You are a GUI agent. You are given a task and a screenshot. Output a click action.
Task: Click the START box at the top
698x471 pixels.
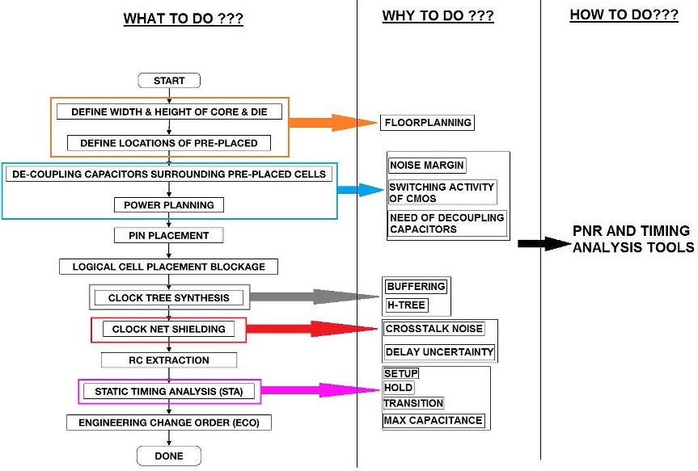(x=168, y=80)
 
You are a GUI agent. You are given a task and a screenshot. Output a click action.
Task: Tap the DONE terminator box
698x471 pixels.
(x=168, y=456)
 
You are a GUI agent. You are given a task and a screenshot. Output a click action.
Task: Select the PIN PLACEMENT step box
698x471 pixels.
(x=168, y=236)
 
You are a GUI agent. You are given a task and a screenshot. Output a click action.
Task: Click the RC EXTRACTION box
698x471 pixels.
(x=168, y=360)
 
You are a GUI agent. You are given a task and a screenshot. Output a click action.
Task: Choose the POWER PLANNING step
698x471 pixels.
(x=168, y=205)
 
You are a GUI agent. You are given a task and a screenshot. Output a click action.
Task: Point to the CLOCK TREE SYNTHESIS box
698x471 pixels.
(x=168, y=297)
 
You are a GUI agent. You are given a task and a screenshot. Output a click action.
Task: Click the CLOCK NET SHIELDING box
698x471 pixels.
(x=168, y=329)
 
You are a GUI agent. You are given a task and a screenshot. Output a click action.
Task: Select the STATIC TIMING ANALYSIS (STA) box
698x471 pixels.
(x=169, y=392)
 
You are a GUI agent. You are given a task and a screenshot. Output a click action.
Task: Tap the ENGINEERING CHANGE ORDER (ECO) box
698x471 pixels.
(x=168, y=423)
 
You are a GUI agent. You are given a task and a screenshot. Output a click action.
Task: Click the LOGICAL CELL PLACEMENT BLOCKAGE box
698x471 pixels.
(x=168, y=267)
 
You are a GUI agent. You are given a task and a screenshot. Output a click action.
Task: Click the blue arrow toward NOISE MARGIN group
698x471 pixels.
(x=361, y=190)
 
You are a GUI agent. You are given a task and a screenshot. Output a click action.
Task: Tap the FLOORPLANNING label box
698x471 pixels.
(x=428, y=123)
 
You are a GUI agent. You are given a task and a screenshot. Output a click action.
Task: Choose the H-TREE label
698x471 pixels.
(x=406, y=305)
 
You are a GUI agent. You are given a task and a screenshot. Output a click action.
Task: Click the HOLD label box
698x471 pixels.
(x=398, y=388)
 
